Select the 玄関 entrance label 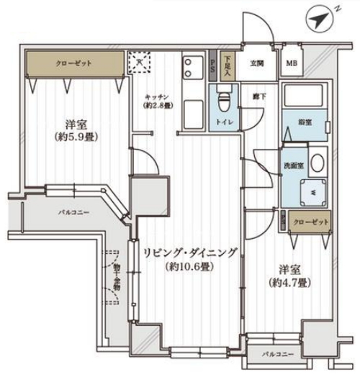[257, 64]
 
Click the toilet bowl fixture [222, 98]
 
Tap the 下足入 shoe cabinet [227, 67]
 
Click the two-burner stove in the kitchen [191, 68]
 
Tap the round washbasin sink [318, 163]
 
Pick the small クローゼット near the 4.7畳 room [310, 222]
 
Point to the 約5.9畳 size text [76, 135]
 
